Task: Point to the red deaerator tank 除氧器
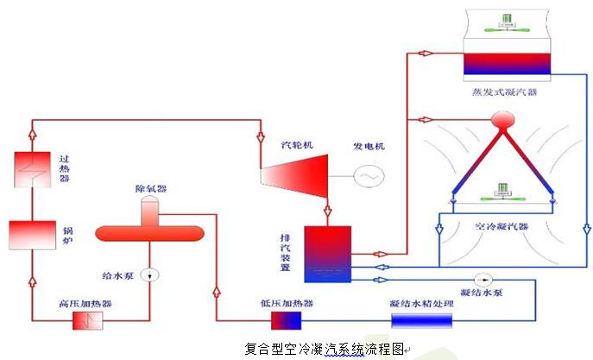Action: click(x=148, y=231)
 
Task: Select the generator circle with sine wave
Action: click(x=369, y=176)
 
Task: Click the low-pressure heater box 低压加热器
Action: click(x=286, y=320)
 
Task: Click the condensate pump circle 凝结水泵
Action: click(x=489, y=278)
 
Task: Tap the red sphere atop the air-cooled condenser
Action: click(x=501, y=120)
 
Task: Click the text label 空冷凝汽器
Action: click(x=501, y=226)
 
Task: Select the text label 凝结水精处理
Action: click(x=420, y=303)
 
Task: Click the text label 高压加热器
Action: click(x=86, y=303)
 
